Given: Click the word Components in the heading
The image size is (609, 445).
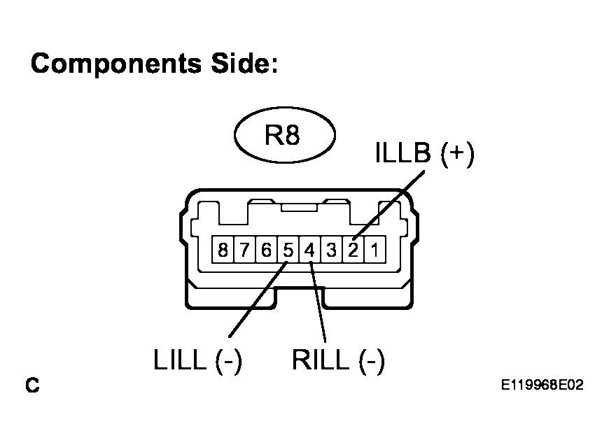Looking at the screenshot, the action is pos(116,63).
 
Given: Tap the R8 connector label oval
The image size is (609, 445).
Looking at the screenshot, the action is pos(285,135).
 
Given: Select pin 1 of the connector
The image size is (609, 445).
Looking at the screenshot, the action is pos(374,250).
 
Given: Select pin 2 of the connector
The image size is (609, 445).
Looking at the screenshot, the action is pos(353,250).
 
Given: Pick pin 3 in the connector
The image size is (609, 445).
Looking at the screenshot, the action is pos(331,250).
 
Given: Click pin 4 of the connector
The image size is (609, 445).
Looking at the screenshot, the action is pos(309,250).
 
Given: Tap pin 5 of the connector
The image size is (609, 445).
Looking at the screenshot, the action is pos(288,250).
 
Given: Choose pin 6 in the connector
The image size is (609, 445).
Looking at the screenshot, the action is pos(266,250).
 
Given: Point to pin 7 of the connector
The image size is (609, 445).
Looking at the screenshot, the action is pos(244,250).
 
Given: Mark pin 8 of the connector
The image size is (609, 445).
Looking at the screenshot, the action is pos(223,250).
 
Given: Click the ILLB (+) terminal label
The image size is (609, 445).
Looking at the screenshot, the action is pos(425,153).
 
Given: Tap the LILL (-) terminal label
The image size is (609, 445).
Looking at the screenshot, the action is pos(198,361).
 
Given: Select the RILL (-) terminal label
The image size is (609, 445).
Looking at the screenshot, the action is pos(338,361).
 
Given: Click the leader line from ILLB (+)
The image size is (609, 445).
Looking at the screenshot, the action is pos(388,205).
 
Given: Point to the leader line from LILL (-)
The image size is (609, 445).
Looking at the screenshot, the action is pos(258,299).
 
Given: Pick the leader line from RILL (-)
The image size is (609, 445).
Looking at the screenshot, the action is pos(318,302).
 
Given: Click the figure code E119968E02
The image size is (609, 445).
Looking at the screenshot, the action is pos(542,385).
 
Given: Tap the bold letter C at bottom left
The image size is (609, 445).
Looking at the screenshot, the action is pos(33,385).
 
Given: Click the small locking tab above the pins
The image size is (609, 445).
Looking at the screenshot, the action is pos(299,208).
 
